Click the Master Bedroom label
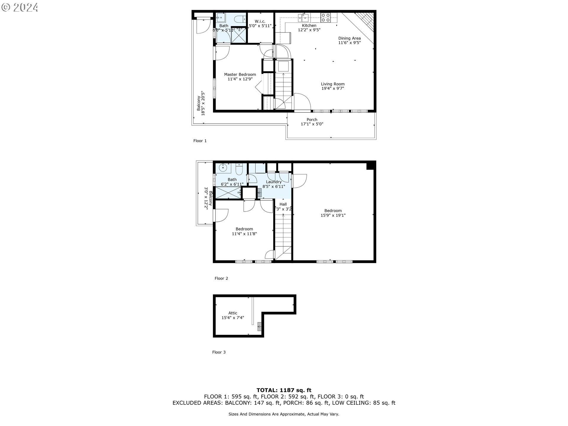click(x=240, y=75)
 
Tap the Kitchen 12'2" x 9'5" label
click(x=309, y=28)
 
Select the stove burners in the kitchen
click(x=326, y=18)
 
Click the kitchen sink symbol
click(x=304, y=17)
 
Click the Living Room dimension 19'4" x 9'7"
click(x=333, y=88)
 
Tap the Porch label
click(x=312, y=120)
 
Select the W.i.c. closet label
click(x=260, y=21)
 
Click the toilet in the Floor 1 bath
click(x=239, y=19)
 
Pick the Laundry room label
click(x=274, y=182)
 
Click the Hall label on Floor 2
click(x=283, y=204)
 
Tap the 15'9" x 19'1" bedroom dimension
click(x=333, y=215)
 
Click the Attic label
click(x=233, y=313)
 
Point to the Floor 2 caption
click(x=221, y=278)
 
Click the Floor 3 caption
click(x=219, y=352)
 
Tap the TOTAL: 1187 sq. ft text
click(x=284, y=390)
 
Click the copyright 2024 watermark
click(x=20, y=7)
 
